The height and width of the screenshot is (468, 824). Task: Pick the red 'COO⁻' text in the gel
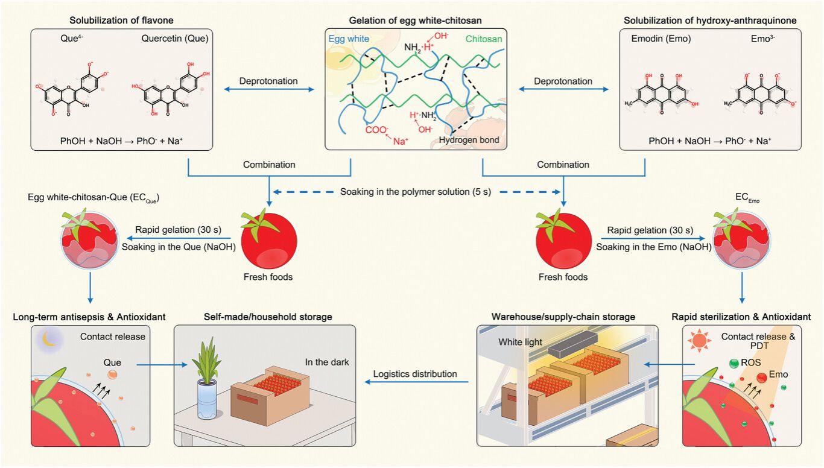(x=377, y=130)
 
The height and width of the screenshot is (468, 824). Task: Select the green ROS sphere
(x=734, y=363)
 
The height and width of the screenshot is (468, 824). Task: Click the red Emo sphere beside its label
(x=761, y=378)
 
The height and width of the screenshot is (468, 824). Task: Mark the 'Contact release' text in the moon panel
(x=112, y=337)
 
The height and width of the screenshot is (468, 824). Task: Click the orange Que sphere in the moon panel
(x=113, y=375)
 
